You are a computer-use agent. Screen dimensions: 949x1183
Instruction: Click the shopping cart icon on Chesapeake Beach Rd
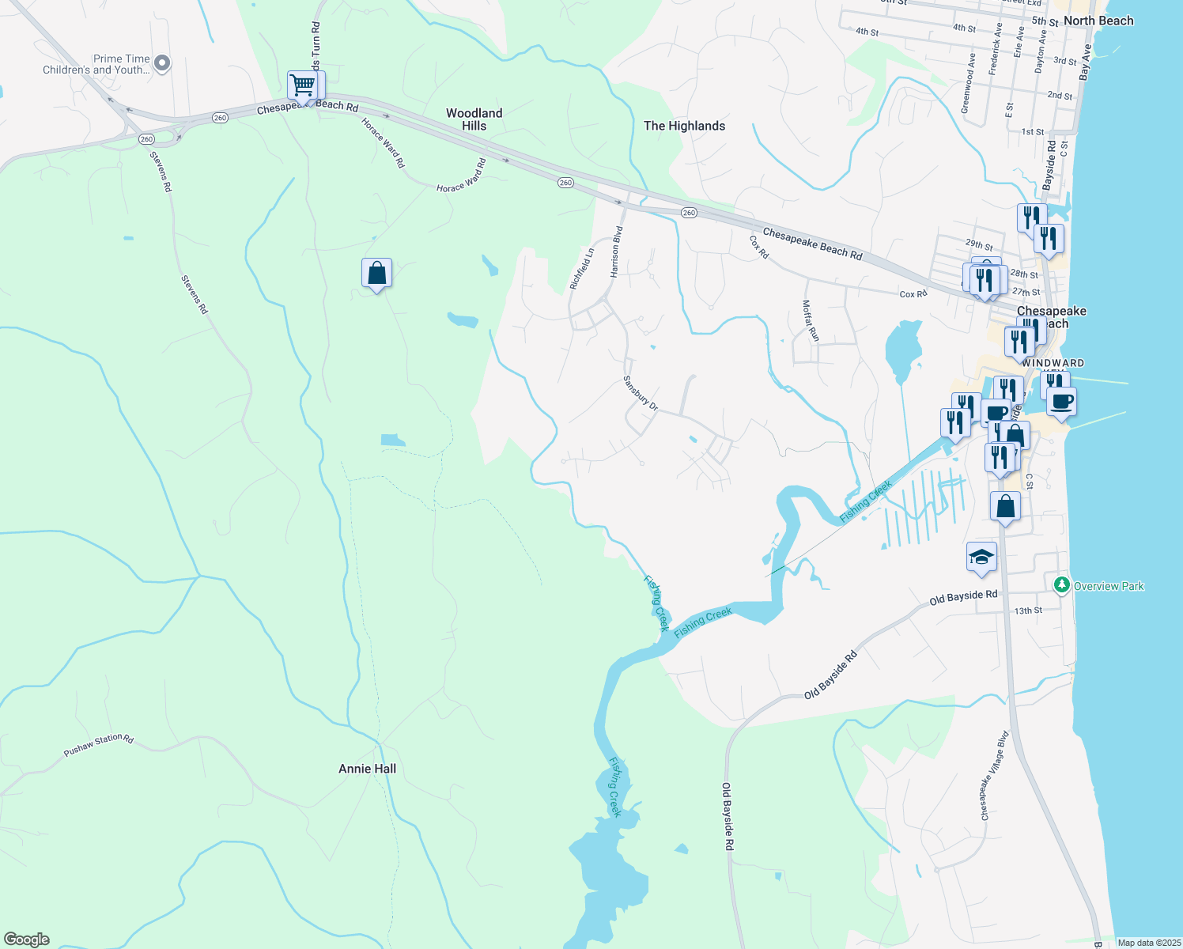pos(302,85)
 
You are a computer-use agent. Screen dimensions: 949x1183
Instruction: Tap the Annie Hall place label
pos(367,769)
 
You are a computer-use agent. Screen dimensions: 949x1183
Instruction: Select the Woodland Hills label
pos(474,119)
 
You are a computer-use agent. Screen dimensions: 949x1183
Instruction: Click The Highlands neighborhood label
pos(684,126)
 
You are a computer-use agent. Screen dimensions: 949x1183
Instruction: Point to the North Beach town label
pos(1098,21)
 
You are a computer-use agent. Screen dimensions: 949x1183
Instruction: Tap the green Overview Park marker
pos(1062,585)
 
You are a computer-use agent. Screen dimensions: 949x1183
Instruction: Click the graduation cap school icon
pos(981,557)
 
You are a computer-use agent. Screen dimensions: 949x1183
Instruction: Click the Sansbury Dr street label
pos(641,392)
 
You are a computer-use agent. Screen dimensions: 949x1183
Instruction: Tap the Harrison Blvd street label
pos(617,251)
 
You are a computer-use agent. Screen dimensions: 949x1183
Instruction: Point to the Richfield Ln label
pos(582,269)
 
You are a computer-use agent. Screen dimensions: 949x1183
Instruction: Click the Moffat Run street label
pos(811,320)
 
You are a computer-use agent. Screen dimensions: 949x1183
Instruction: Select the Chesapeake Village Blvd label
pos(994,776)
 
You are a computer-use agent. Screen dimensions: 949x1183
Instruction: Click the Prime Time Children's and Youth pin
pos(162,62)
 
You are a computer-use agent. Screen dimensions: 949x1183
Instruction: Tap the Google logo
pos(26,940)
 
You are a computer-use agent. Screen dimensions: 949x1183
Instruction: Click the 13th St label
pos(1029,611)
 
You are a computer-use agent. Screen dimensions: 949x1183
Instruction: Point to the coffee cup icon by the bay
pos(1061,401)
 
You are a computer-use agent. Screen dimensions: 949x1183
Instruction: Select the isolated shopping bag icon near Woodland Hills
pos(376,273)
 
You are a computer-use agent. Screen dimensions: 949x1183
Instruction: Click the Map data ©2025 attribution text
pos(1149,943)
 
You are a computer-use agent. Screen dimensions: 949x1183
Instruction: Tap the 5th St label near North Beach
pos(1045,22)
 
